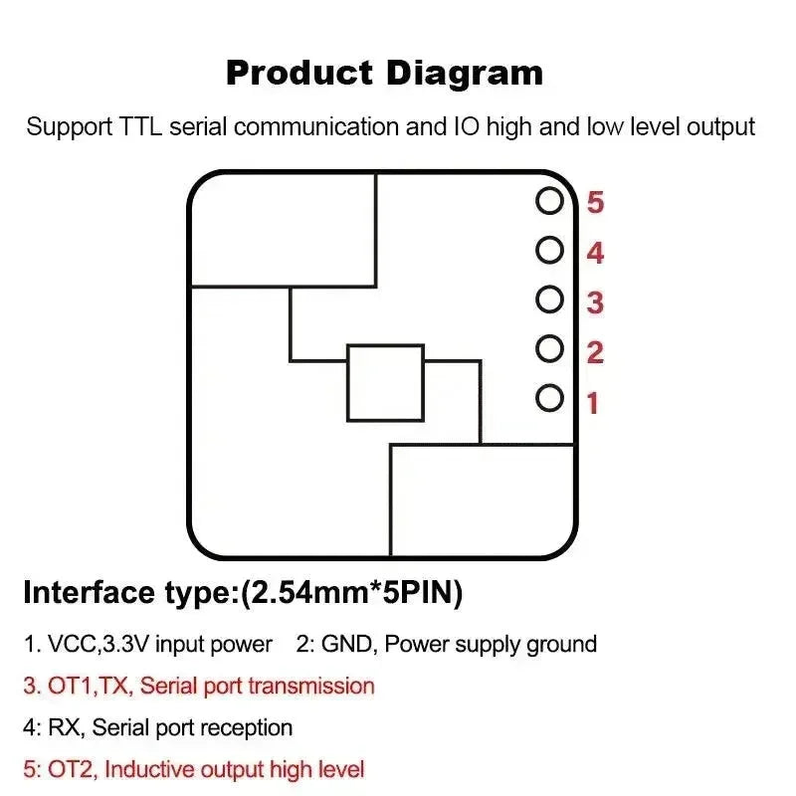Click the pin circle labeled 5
pyautogui.click(x=549, y=201)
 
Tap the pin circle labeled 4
pyautogui.click(x=549, y=250)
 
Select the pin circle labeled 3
pyautogui.click(x=549, y=298)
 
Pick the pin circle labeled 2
pyautogui.click(x=549, y=348)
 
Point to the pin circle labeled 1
pyautogui.click(x=549, y=398)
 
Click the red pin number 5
pyautogui.click(x=595, y=203)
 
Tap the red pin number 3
pyautogui.click(x=595, y=302)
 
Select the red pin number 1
pyautogui.click(x=593, y=404)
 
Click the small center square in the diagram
pyautogui.click(x=385, y=383)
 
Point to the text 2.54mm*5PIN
pyautogui.click(x=351, y=594)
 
